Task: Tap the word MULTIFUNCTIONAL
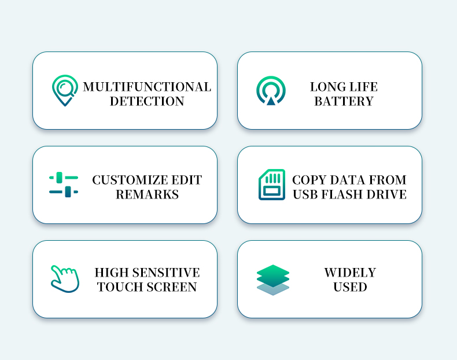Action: tap(147, 87)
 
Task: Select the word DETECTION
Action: tap(147, 101)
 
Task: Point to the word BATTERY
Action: tap(344, 101)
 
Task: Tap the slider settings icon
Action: tap(64, 185)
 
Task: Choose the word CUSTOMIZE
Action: tap(130, 180)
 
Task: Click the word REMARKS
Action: tap(147, 194)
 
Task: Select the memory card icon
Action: tap(272, 185)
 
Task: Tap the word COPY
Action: tap(309, 180)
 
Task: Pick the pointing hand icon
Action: tap(65, 279)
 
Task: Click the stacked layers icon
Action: tap(273, 280)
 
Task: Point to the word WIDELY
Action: tap(350, 273)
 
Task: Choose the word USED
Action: tap(350, 287)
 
